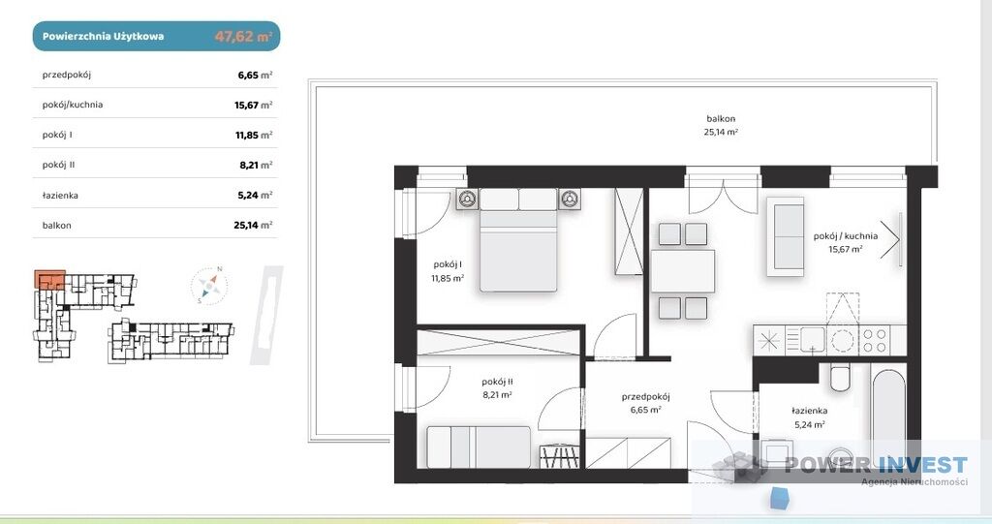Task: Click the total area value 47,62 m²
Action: point(243,36)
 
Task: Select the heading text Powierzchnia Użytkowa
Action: point(103,36)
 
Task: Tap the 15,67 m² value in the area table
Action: point(253,105)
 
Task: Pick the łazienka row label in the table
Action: point(60,196)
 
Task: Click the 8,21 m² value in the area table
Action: point(256,166)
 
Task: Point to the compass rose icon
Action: point(209,286)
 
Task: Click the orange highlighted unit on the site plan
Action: point(49,279)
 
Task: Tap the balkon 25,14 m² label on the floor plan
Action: point(721,125)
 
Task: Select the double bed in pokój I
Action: point(518,239)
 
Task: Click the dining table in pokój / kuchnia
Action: point(683,271)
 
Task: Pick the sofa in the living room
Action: point(787,236)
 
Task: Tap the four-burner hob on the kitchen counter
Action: point(874,340)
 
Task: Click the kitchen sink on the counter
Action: point(805,340)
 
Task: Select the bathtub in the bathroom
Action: point(889,413)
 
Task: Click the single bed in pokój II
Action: point(479,447)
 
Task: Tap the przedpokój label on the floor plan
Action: point(645,397)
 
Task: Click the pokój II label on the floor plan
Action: point(497,382)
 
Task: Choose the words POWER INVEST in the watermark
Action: point(876,465)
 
